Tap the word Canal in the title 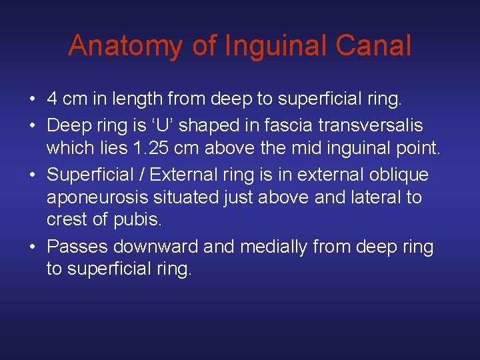pyautogui.click(x=374, y=46)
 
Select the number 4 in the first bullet pyautogui.click(x=51, y=100)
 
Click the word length pyautogui.click(x=137, y=100)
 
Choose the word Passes pyautogui.click(x=77, y=247)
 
